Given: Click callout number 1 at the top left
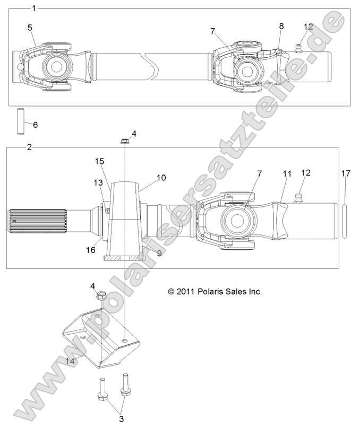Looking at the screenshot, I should (x=34, y=8).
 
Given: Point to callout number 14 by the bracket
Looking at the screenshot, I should (x=70, y=361).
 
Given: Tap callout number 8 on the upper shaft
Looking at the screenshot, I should (x=281, y=25).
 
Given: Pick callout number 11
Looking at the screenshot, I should (x=287, y=173).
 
